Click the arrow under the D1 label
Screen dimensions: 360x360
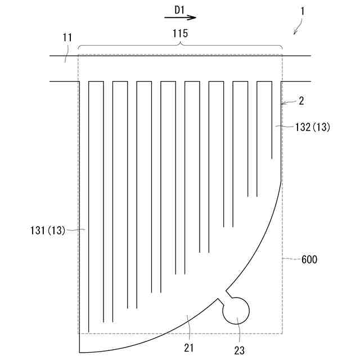(180, 18)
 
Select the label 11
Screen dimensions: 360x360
(67, 38)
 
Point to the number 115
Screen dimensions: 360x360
(180, 33)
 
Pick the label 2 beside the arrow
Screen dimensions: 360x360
(301, 101)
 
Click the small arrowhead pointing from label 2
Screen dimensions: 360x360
(283, 103)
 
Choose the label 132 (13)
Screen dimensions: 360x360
(312, 128)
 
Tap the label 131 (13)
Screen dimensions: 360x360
(48, 229)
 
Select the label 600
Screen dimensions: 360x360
(309, 259)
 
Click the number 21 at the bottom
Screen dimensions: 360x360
(188, 348)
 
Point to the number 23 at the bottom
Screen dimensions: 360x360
(240, 350)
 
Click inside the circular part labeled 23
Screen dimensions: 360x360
(236, 310)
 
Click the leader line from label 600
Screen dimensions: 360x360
(291, 259)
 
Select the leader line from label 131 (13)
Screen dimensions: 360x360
(76, 229)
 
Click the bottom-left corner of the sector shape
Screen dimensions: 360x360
(79, 352)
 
